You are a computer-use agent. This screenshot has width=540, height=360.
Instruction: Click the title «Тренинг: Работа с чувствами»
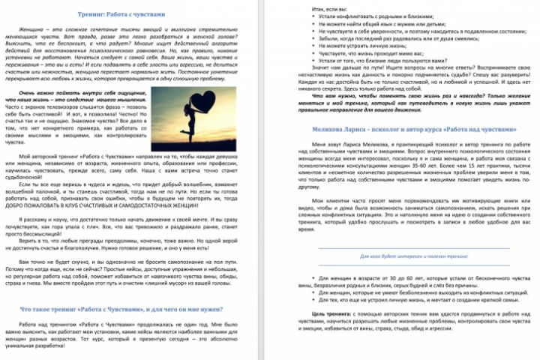click(133, 13)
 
